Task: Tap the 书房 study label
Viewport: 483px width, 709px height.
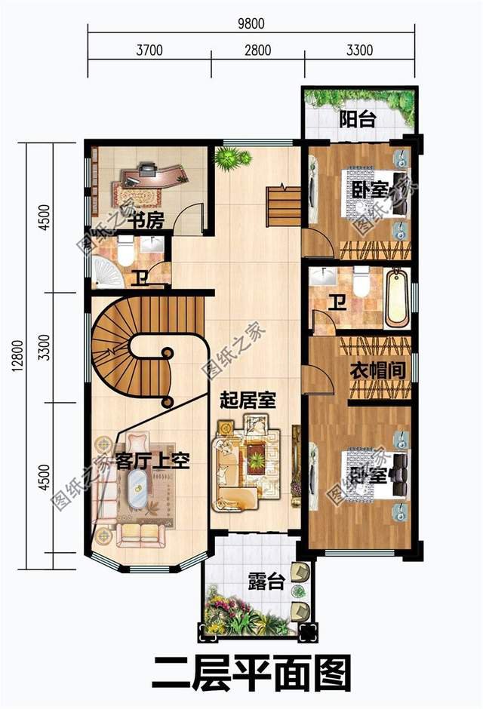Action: [144, 220]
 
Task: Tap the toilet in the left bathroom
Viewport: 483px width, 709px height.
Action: [125, 252]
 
